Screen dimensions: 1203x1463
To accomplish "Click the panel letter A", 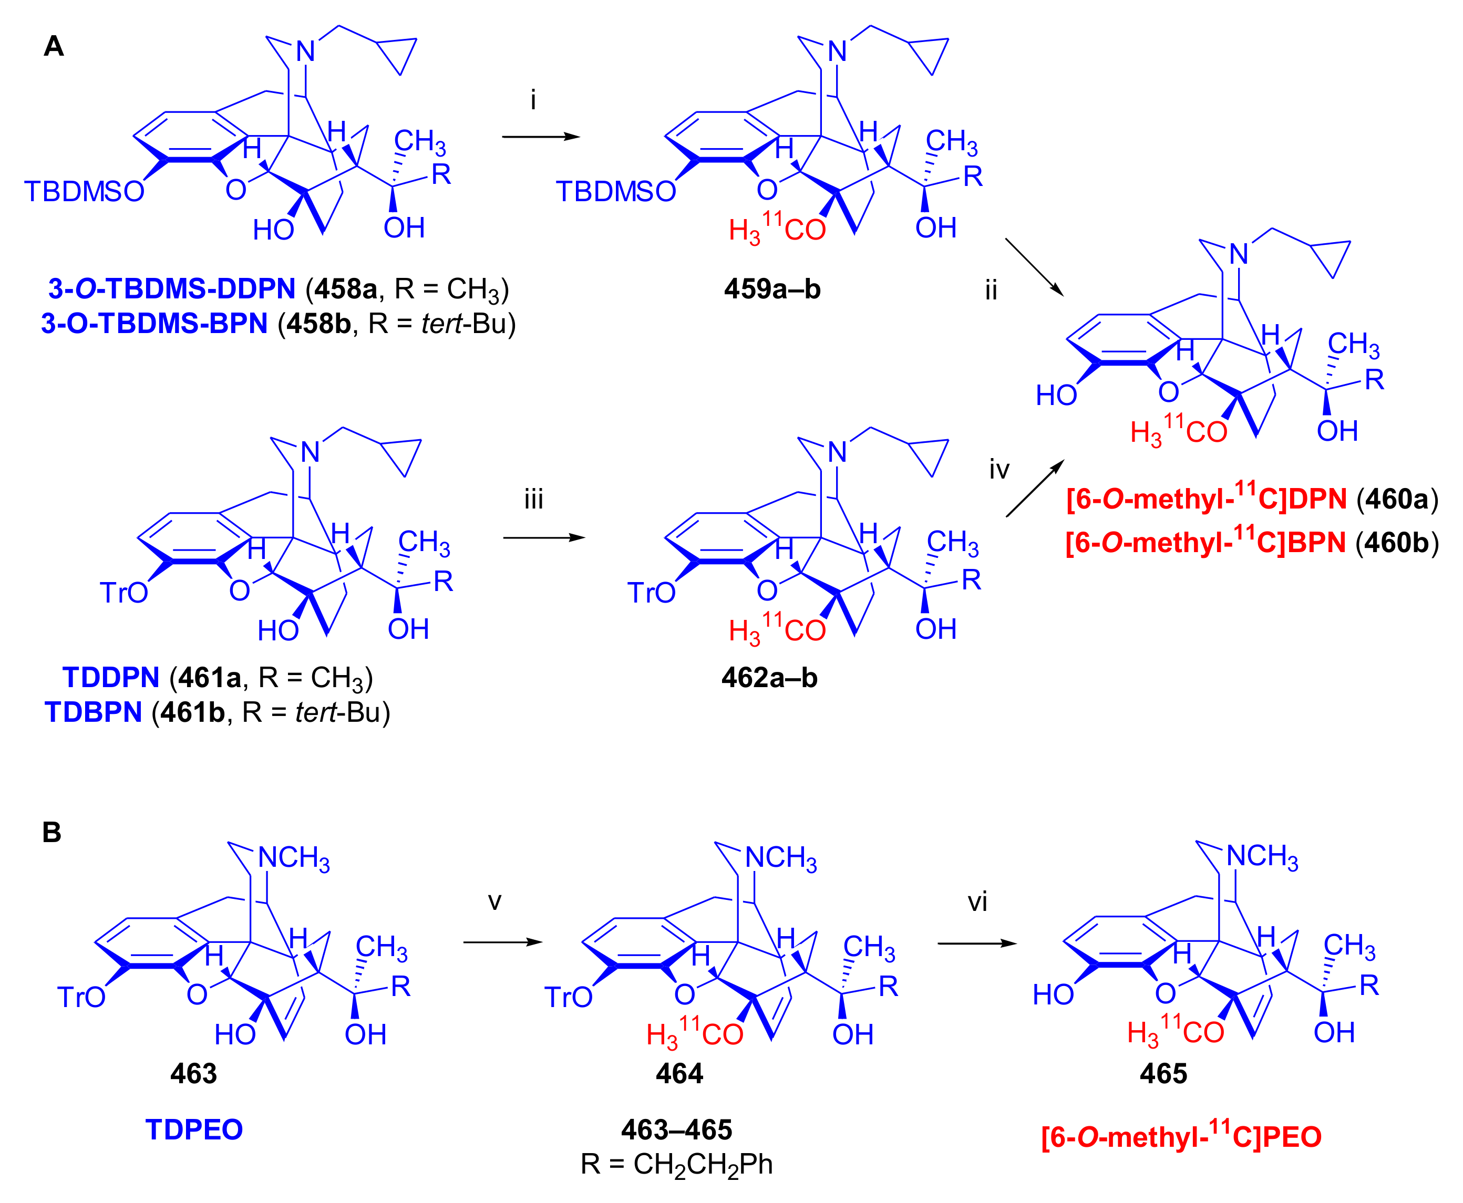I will tap(54, 46).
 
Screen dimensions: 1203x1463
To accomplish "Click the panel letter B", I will tap(52, 832).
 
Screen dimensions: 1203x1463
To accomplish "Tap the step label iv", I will tap(998, 470).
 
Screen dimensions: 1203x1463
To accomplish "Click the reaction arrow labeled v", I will tap(502, 942).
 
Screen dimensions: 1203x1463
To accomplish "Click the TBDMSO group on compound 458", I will tap(84, 192).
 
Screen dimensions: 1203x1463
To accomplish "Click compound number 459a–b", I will tap(772, 289).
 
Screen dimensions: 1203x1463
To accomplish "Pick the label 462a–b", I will tap(769, 677).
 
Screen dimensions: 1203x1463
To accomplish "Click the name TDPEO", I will tap(194, 1129).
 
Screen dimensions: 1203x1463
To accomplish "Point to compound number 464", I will tap(679, 1073).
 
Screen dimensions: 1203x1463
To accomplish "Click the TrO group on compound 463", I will tap(81, 997).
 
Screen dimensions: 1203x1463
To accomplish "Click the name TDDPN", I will tap(111, 677).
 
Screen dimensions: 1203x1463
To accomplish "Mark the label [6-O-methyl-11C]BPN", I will tap(1206, 542).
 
